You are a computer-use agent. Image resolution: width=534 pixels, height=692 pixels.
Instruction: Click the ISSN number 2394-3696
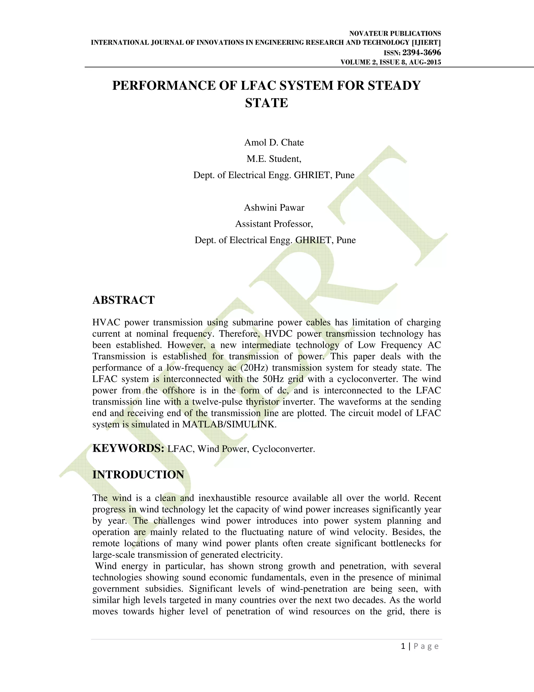pyautogui.click(x=421, y=52)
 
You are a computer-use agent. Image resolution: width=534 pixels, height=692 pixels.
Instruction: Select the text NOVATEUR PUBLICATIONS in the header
pyautogui.click(x=395, y=34)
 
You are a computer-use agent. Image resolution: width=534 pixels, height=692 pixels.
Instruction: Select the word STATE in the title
pyautogui.click(x=266, y=103)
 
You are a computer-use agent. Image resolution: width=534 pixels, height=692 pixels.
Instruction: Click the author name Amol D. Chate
pyautogui.click(x=274, y=143)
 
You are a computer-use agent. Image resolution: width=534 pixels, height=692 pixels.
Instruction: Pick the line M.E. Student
pyautogui.click(x=274, y=159)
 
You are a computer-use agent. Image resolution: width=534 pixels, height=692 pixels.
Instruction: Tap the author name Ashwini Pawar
pyautogui.click(x=274, y=208)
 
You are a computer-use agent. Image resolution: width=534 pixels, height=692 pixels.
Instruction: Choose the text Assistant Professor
pyautogui.click(x=274, y=224)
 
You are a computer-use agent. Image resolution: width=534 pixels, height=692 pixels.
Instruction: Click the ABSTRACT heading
pyautogui.click(x=123, y=300)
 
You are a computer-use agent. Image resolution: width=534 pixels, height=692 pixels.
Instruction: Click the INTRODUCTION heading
pyautogui.click(x=138, y=475)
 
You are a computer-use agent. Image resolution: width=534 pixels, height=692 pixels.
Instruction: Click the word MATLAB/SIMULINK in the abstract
pyautogui.click(x=229, y=425)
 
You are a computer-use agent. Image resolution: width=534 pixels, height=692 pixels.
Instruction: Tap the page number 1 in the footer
pyautogui.click(x=403, y=646)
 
